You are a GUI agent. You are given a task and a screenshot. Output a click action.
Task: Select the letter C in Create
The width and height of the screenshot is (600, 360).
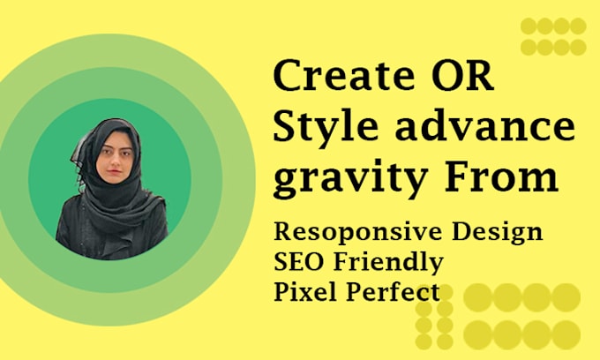click(289, 79)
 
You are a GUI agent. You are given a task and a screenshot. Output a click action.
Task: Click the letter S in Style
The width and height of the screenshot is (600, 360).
click(287, 129)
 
